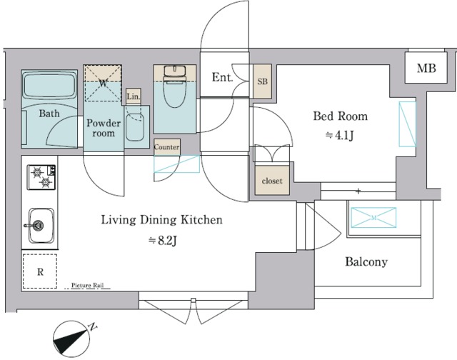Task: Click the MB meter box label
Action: (x=426, y=68)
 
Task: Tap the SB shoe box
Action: (x=262, y=81)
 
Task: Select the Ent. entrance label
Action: (x=222, y=77)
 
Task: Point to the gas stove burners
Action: (x=41, y=177)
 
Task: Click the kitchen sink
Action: (x=41, y=225)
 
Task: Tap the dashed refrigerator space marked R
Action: (x=40, y=271)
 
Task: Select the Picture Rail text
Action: (x=87, y=285)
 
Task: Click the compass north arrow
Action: (x=71, y=339)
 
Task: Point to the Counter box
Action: (x=166, y=147)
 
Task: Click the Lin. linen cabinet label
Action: (x=134, y=96)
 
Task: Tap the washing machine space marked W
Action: (x=103, y=83)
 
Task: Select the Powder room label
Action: (x=104, y=128)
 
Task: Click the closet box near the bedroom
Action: (x=272, y=181)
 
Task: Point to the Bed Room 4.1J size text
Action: (x=340, y=136)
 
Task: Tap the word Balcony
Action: (x=366, y=261)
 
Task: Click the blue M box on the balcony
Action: (x=373, y=217)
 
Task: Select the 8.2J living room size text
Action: (x=163, y=241)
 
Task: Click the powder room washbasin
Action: (x=135, y=127)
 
